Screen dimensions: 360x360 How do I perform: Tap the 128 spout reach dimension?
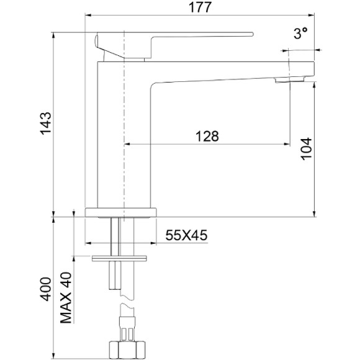(207, 137)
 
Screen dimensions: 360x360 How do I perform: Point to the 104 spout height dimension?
(306, 149)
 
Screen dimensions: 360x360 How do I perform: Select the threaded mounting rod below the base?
(114, 236)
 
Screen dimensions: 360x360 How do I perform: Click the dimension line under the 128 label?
(207, 145)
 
